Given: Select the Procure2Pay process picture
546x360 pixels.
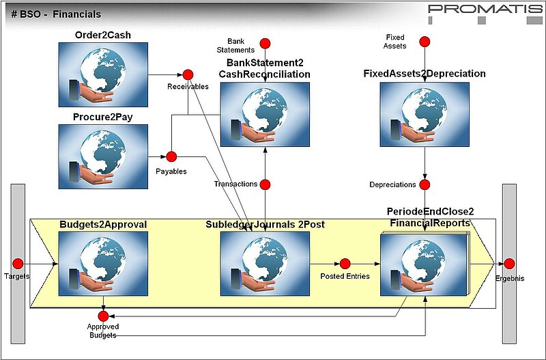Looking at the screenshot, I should pyautogui.click(x=102, y=156).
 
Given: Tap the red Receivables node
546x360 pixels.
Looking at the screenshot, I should pyautogui.click(x=188, y=74).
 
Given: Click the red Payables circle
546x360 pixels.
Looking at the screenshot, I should pyautogui.click(x=171, y=156).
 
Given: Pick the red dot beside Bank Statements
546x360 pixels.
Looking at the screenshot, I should pyautogui.click(x=265, y=42).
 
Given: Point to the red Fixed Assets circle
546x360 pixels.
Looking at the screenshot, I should pyautogui.click(x=425, y=42).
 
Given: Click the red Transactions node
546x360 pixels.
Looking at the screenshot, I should pyautogui.click(x=265, y=184).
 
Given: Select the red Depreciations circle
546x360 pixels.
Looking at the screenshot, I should pyautogui.click(x=425, y=184).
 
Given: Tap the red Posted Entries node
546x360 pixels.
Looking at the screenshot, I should pyautogui.click(x=345, y=264).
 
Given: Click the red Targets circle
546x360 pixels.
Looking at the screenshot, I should pyautogui.click(x=18, y=264).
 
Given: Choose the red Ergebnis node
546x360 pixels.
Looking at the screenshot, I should pyautogui.click(x=509, y=264).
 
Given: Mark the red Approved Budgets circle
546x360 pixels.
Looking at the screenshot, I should pyautogui.click(x=103, y=316).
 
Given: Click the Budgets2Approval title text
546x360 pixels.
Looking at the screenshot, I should pyautogui.click(x=103, y=224).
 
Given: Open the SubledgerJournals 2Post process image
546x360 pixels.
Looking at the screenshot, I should pyautogui.click(x=265, y=264).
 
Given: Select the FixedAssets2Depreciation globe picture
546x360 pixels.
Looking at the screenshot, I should pyautogui.click(x=425, y=115).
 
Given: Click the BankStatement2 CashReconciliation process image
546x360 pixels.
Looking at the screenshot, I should pyautogui.click(x=265, y=115).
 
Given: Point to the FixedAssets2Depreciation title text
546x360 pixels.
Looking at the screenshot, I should pyautogui.click(x=425, y=74).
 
